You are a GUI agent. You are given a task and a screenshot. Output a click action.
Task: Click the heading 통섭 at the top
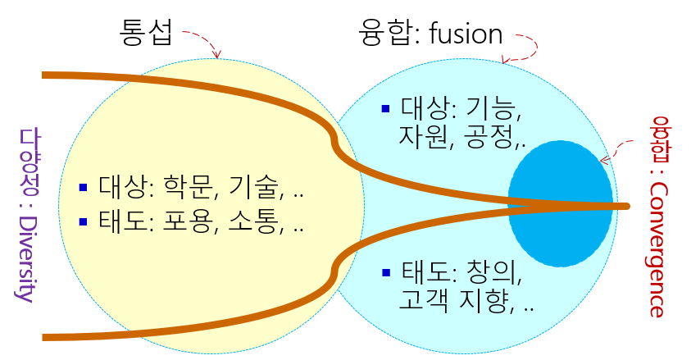pos(145,34)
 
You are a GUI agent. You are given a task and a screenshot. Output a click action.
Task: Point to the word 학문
pos(185,188)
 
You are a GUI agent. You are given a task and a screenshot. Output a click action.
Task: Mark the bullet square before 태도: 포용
pos(82,221)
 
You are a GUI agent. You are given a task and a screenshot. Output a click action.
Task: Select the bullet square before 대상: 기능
pos(387,108)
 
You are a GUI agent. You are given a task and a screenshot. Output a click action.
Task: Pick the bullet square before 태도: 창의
pos(387,272)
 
